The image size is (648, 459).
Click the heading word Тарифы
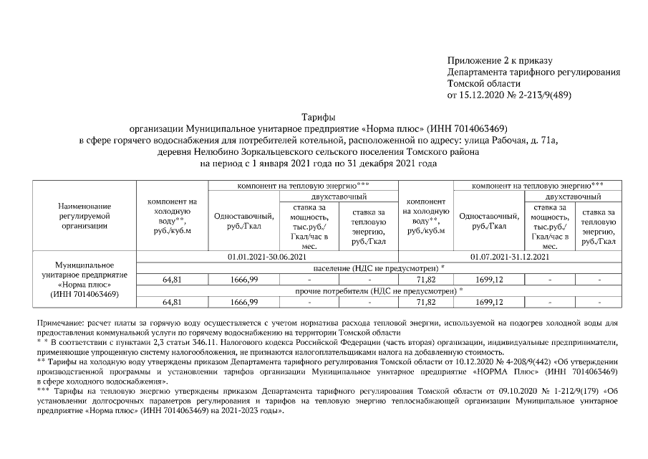pos(319,116)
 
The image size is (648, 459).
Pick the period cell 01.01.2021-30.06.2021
pos(266,256)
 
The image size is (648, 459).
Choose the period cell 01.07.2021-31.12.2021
pos(510,256)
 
